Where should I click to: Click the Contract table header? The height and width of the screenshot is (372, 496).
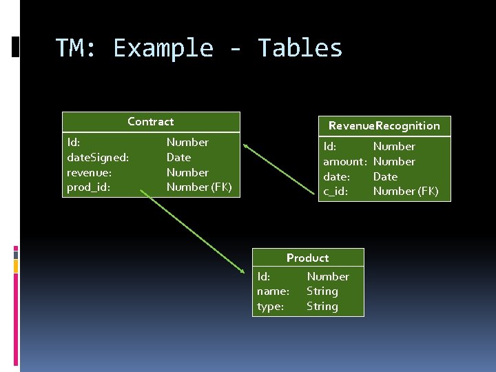pos(151,121)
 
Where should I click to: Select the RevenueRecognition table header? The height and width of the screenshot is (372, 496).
pos(384,125)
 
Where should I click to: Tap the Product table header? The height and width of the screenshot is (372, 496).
pos(307,258)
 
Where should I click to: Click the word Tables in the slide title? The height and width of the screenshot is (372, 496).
pos(300,48)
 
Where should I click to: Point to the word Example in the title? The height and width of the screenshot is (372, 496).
pos(163,48)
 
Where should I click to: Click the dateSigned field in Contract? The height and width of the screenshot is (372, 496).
pos(97,157)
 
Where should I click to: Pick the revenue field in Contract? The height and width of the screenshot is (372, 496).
pos(89,172)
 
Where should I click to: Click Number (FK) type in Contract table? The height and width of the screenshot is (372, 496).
pos(199,187)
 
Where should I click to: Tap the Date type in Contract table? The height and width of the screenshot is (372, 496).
pos(178,157)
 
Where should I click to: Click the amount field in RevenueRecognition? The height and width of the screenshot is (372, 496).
pos(344,161)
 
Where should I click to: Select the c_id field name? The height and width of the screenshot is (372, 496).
pos(335,191)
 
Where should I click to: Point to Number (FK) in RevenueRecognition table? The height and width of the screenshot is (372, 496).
pos(405,191)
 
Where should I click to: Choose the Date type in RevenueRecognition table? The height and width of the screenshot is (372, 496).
pos(385,176)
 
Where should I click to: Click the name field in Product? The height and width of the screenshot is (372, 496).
pos(273,291)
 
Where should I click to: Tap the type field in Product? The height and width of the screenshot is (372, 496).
pos(270,306)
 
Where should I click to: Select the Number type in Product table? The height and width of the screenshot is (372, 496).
pos(327,276)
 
